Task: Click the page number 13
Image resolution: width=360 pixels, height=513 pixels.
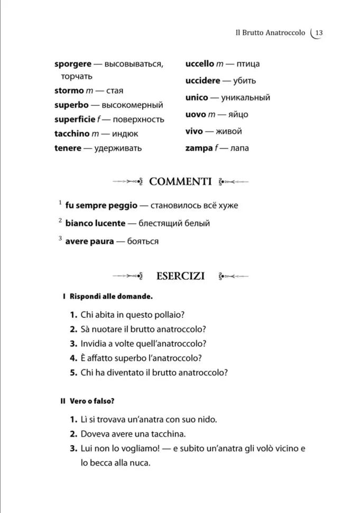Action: (x=319, y=33)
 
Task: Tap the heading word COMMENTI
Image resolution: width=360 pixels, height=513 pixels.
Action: (x=180, y=181)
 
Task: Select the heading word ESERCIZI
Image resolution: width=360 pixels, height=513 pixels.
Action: (x=180, y=276)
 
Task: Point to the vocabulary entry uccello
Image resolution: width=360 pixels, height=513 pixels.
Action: (x=200, y=64)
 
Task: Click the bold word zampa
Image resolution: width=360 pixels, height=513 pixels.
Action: (x=197, y=148)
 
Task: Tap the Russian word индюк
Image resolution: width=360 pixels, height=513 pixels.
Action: (x=125, y=134)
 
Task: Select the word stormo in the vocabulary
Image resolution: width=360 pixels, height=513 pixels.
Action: (x=69, y=91)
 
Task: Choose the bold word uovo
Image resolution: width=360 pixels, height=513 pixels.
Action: (x=196, y=114)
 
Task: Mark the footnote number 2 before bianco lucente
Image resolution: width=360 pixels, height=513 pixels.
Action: (x=60, y=220)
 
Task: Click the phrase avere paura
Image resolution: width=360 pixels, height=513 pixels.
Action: (x=89, y=241)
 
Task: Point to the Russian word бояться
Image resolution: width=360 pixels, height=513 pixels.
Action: (x=143, y=241)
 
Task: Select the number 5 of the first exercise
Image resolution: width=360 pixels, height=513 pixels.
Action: (x=73, y=372)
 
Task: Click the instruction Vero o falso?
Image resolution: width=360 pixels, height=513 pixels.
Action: (x=92, y=401)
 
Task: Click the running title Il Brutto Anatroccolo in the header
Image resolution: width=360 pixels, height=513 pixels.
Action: (x=270, y=33)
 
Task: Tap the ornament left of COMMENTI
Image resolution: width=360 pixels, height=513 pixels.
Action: (x=128, y=182)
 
